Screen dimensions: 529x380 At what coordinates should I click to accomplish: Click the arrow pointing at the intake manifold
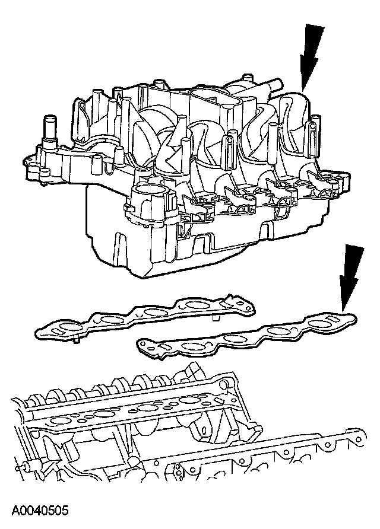tap(311, 56)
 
